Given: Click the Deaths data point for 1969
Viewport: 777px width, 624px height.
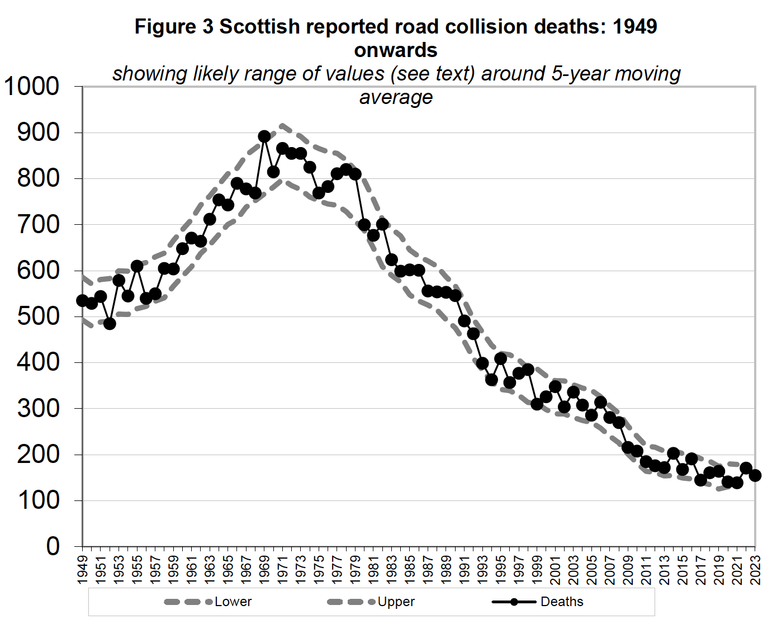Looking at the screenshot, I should click(x=264, y=136).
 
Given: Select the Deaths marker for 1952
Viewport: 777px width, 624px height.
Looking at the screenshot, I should click(x=110, y=323).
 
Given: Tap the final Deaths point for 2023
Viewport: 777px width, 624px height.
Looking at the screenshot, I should click(x=755, y=475).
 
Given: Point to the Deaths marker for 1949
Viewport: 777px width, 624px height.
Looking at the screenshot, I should click(x=83, y=301).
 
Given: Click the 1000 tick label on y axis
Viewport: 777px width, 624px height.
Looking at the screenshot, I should click(x=31, y=87).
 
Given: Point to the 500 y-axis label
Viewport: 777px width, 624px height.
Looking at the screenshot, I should click(x=38, y=316).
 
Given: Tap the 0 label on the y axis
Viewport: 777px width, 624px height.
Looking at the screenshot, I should click(x=53, y=546).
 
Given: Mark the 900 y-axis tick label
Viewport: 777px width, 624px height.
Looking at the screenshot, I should click(x=38, y=133).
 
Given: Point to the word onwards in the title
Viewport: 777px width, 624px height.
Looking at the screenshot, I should click(x=396, y=50).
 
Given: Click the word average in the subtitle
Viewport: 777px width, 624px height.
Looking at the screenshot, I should click(x=396, y=97).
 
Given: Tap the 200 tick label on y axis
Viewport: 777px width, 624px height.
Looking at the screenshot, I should click(x=38, y=455).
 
